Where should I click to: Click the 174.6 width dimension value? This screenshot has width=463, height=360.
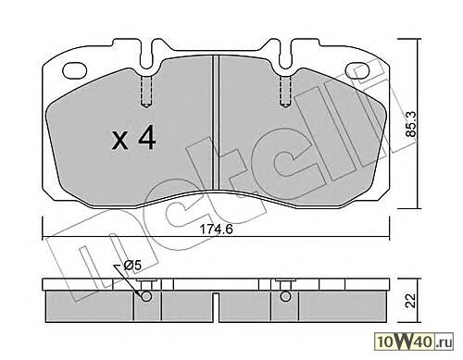point(216,230)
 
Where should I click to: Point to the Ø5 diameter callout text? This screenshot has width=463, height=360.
point(131,266)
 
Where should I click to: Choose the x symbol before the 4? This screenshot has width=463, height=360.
point(119,141)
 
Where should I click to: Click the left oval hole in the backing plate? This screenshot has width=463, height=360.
point(75,69)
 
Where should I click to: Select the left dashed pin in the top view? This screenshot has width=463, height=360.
point(146,92)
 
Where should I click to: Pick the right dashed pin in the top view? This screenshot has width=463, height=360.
point(285,92)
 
